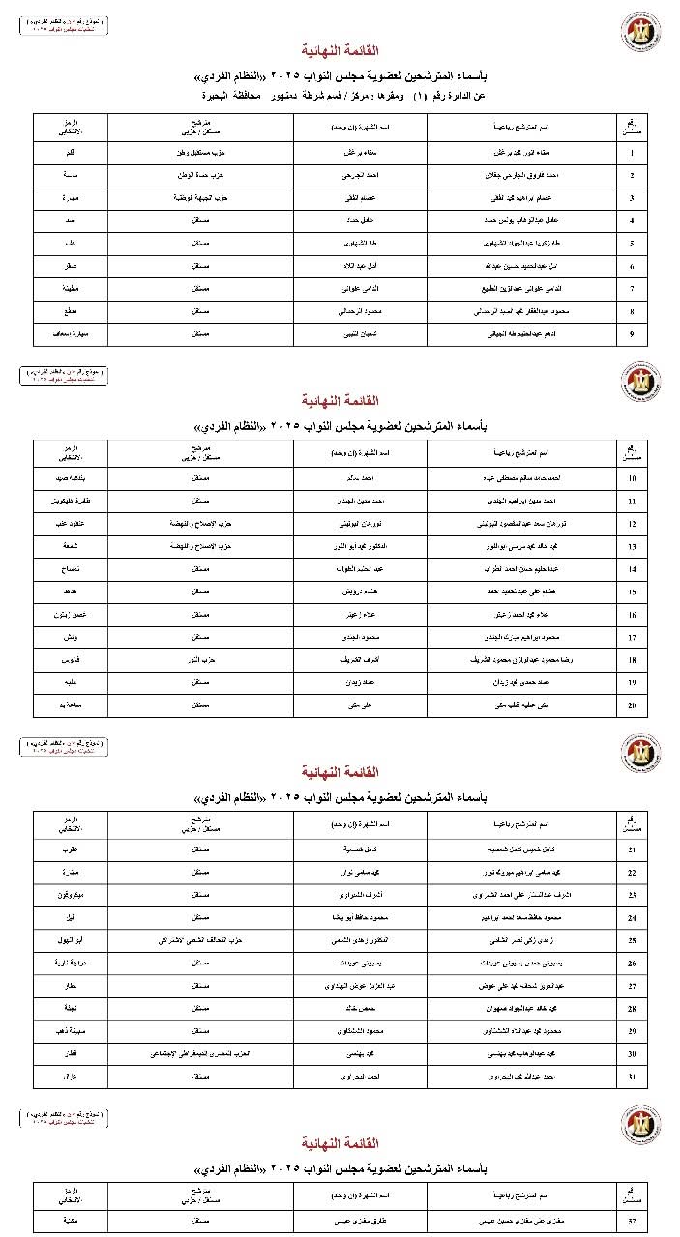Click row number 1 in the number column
[631, 153]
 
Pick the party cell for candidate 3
[200, 198]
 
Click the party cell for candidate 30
[200, 1053]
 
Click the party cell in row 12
[200, 524]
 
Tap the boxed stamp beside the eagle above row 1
[62, 25]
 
